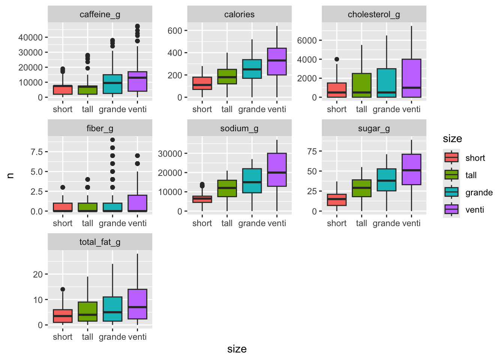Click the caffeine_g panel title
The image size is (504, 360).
(100, 15)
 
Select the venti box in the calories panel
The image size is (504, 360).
(277, 61)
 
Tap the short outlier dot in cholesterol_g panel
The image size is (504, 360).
(337, 59)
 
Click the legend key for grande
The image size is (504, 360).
(451, 192)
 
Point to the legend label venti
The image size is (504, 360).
(475, 210)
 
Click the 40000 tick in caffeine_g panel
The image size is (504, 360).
(30, 37)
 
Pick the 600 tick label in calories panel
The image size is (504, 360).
(175, 31)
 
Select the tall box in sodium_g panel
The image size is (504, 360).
(227, 188)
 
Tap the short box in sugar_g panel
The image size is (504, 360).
(337, 200)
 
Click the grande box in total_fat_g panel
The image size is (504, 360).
(112, 309)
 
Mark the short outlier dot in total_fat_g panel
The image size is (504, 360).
(63, 289)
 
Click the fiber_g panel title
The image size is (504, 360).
(100, 129)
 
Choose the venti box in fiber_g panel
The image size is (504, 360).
(137, 203)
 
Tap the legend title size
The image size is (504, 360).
(452, 139)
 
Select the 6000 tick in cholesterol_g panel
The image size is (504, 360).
(307, 40)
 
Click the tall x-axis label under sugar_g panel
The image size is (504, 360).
(361, 223)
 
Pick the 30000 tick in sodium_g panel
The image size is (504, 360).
(170, 153)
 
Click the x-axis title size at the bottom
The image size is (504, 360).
(237, 349)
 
